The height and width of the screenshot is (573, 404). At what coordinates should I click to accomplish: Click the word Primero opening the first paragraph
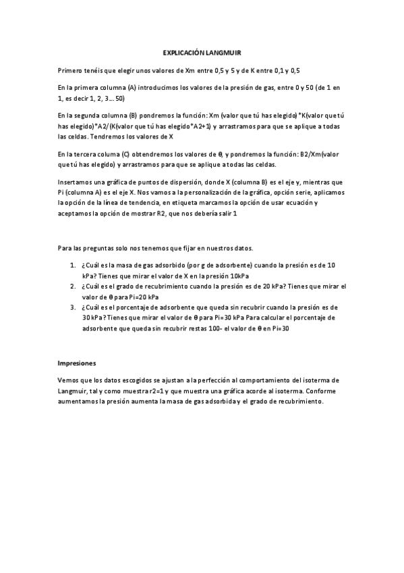coord(71,70)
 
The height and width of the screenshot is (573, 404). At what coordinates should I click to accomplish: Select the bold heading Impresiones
coord(77,362)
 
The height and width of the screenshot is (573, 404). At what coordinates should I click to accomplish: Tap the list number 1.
coord(73,265)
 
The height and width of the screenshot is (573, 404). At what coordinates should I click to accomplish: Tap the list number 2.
coord(73,286)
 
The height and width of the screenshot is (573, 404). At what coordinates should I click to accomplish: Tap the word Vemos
coord(69,380)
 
